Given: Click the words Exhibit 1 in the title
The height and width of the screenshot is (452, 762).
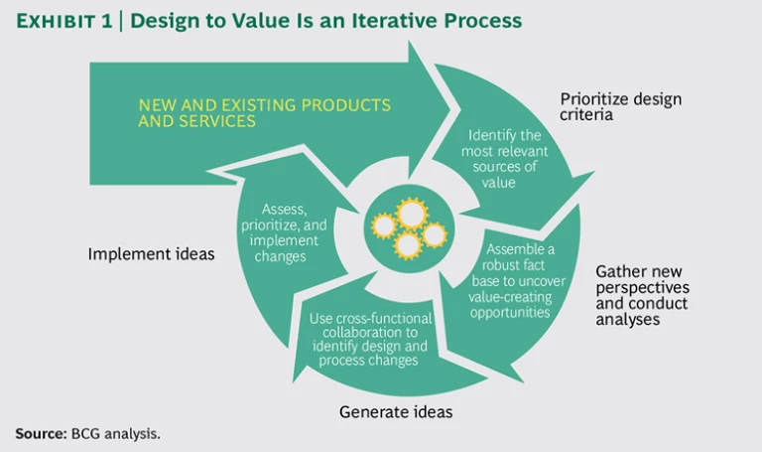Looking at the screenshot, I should click(62, 21).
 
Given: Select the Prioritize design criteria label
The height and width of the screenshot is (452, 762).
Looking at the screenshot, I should click(620, 106).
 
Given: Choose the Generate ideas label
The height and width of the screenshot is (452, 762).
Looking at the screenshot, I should click(388, 410).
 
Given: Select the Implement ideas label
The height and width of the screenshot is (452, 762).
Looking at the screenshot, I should click(151, 253).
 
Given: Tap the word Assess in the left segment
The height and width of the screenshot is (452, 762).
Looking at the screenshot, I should click(285, 210).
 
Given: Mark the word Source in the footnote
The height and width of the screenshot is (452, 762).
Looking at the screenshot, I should click(39, 433).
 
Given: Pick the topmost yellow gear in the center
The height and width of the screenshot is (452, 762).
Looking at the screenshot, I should click(409, 212).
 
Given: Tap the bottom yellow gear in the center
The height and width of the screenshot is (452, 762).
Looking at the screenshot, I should click(407, 244).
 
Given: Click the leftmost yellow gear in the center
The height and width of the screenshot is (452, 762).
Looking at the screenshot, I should click(383, 226).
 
